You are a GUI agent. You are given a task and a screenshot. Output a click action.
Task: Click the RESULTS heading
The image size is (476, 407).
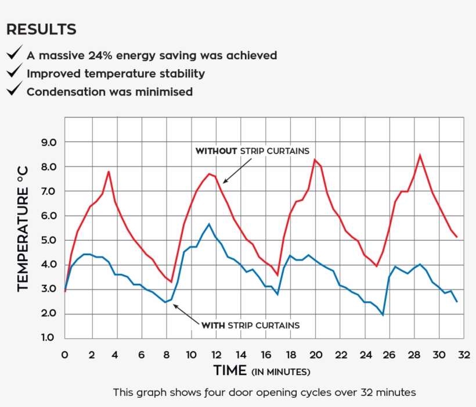41,30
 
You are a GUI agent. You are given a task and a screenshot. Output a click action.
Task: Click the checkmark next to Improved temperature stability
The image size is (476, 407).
14,73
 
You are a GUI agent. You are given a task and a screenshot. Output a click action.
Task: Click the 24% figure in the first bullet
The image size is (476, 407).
103,56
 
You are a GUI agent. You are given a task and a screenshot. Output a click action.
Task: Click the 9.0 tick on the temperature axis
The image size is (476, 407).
49,142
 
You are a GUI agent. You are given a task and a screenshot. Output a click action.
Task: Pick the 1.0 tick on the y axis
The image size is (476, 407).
49,338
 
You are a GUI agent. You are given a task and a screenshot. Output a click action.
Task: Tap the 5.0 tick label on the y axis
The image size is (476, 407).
49,240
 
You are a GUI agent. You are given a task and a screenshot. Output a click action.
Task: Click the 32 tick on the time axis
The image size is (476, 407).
463,354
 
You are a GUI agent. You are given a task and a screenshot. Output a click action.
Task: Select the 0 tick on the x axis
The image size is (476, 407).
64,354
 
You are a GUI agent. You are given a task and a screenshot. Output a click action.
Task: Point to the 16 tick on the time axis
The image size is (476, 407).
265,354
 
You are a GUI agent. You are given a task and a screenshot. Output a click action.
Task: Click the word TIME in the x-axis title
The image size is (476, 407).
230,370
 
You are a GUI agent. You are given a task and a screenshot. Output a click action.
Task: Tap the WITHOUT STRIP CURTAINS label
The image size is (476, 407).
252,151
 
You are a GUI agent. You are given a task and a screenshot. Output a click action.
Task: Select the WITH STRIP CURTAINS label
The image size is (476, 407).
250,325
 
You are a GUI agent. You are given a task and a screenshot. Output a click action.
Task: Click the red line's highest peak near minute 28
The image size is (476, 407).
420,155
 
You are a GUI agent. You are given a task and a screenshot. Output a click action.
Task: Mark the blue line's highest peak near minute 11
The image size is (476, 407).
209,224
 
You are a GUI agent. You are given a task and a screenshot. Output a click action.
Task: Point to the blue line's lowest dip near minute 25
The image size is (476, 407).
383,315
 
